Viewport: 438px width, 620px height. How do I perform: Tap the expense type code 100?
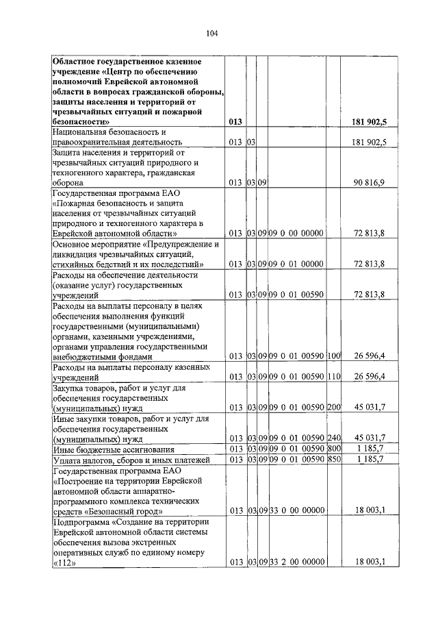(x=334, y=356)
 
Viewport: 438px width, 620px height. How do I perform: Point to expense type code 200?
(x=334, y=407)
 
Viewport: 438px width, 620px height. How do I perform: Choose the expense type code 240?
(x=334, y=438)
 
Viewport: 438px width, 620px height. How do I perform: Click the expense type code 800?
(x=334, y=448)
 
